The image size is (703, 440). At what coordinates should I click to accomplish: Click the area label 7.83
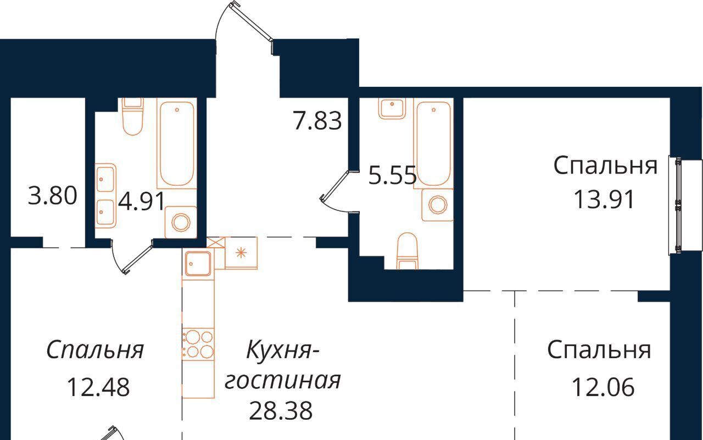click(317, 121)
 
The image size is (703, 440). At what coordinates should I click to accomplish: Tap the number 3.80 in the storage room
click(52, 196)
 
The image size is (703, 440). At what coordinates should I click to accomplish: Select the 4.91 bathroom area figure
click(142, 201)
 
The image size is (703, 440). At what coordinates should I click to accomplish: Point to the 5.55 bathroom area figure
click(392, 175)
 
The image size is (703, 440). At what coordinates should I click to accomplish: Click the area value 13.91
click(604, 199)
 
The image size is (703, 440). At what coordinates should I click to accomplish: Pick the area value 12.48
click(98, 387)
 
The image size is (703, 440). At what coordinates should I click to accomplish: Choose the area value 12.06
click(603, 387)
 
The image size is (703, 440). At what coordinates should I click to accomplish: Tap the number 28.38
click(281, 410)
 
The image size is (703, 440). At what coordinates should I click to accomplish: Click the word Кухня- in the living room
click(282, 350)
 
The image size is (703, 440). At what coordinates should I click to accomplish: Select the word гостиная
click(282, 381)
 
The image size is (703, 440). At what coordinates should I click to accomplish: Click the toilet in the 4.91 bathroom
click(132, 116)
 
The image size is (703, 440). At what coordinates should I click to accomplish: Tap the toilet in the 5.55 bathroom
click(408, 251)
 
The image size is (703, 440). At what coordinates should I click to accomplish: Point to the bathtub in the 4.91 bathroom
click(177, 143)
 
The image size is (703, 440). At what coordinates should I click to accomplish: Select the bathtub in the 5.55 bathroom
click(433, 143)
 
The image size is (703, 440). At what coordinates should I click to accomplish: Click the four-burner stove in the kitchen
click(198, 344)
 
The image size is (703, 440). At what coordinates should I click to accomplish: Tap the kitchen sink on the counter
click(198, 263)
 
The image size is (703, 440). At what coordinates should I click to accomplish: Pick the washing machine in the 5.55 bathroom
click(438, 205)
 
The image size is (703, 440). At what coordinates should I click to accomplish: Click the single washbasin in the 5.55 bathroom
click(392, 108)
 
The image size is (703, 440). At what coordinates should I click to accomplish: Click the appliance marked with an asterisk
click(241, 253)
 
